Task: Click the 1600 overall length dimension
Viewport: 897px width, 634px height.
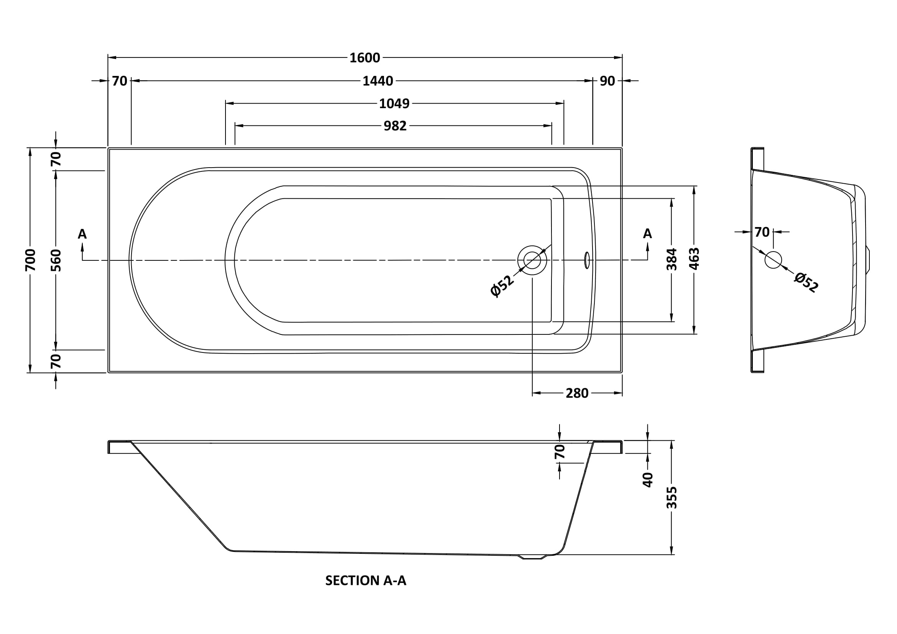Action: click(x=364, y=58)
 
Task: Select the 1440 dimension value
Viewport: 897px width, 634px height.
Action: click(x=377, y=81)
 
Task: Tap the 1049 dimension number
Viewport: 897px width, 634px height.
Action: click(x=394, y=104)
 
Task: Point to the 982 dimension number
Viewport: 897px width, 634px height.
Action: click(x=395, y=126)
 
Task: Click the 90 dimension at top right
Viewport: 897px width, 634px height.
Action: click(x=607, y=81)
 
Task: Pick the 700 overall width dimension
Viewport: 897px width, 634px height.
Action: click(x=30, y=260)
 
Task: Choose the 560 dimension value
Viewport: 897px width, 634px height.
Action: click(x=56, y=260)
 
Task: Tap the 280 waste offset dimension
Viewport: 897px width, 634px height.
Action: click(x=577, y=393)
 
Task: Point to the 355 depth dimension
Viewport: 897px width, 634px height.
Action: click(x=672, y=497)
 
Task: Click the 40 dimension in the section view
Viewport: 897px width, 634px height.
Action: click(x=648, y=479)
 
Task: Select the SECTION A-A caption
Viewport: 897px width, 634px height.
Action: click(x=366, y=580)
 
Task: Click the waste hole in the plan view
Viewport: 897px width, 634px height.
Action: click(x=532, y=260)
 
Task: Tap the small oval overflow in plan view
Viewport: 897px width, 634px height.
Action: click(x=587, y=260)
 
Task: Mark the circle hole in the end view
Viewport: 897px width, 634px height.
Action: click(x=773, y=260)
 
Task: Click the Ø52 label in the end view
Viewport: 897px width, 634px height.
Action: click(x=806, y=282)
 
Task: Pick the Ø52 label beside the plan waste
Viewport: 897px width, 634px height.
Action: click(x=502, y=286)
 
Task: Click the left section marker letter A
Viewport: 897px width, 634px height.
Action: click(x=82, y=234)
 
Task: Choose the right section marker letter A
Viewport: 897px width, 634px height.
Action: click(x=647, y=234)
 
